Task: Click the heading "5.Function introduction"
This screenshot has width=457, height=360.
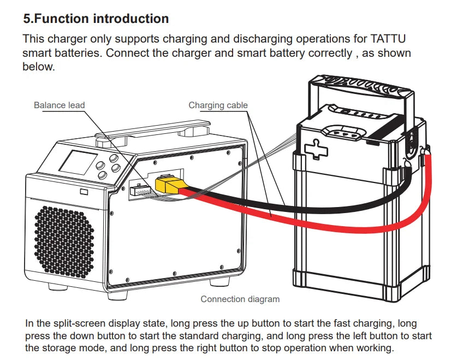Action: (96, 19)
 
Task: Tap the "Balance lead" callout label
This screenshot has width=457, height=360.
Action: (60, 105)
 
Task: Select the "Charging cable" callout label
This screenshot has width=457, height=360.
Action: (218, 105)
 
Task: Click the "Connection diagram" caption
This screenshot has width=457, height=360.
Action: (240, 299)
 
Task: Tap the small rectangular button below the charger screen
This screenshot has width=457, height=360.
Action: (84, 192)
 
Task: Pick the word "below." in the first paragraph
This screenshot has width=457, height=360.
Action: (38, 67)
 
